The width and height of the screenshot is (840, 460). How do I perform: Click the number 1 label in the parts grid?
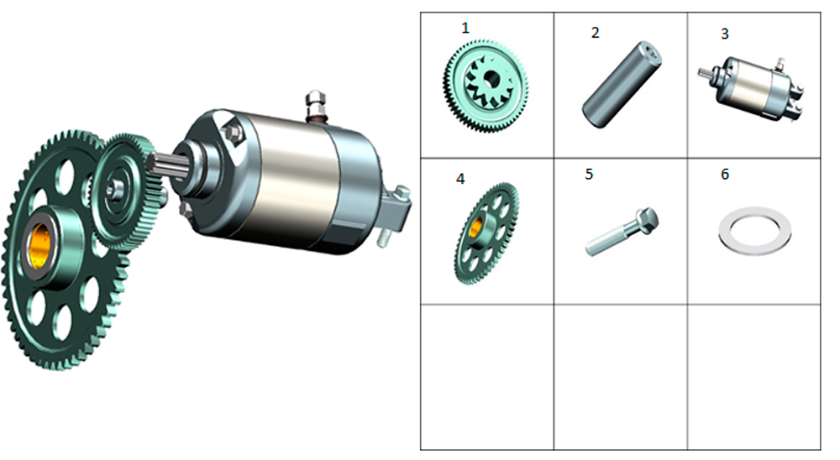(465, 28)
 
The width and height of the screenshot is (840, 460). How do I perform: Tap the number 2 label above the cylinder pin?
(595, 33)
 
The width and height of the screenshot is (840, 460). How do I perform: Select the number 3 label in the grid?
(725, 34)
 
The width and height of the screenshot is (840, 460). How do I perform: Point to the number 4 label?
(460, 179)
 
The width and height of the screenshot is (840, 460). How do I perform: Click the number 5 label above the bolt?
(590, 175)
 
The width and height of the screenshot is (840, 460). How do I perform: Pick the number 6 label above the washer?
(725, 175)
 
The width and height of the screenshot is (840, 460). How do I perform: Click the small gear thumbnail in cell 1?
(486, 85)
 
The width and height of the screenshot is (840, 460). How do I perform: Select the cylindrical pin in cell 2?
(622, 84)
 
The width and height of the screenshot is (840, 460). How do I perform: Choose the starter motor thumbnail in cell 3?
(751, 88)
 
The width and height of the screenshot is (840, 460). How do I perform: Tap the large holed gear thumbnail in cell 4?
(486, 233)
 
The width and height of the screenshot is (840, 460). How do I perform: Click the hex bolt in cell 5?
(622, 232)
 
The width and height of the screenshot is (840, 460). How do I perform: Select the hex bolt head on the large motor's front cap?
(234, 132)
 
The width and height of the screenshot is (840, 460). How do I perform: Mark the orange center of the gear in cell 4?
(475, 227)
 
